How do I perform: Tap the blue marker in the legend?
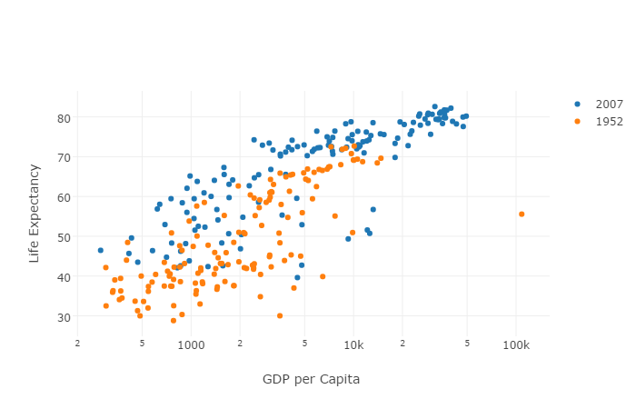pyautogui.click(x=577, y=104)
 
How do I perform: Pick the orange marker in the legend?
pyautogui.click(x=577, y=121)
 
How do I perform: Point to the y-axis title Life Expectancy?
pyautogui.click(x=35, y=214)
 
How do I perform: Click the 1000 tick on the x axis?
pyautogui.click(x=191, y=345)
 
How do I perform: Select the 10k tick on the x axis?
pyautogui.click(x=353, y=345)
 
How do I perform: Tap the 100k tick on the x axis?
pyautogui.click(x=515, y=345)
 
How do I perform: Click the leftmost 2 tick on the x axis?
pyautogui.click(x=77, y=344)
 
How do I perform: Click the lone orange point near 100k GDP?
pyautogui.click(x=522, y=214)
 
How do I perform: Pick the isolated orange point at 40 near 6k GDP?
pyautogui.click(x=323, y=276)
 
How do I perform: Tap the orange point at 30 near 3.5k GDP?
pyautogui.click(x=280, y=316)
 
